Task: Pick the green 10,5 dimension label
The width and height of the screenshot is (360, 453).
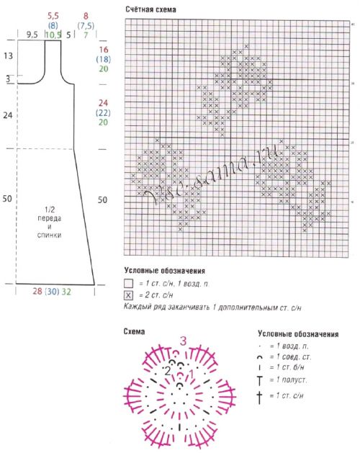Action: [53, 34]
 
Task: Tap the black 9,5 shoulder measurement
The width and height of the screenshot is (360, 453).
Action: [32, 34]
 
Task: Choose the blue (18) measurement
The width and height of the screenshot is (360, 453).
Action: [103, 59]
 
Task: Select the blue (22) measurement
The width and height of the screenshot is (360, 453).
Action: [103, 113]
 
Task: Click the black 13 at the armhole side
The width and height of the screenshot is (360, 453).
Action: [8, 55]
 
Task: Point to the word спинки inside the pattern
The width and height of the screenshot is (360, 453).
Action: [52, 235]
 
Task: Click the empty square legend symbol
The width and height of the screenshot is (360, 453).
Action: [129, 284]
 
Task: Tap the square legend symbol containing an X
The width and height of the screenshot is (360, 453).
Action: [129, 295]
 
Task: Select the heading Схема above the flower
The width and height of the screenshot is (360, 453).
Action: [135, 332]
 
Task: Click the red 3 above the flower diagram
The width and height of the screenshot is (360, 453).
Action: [184, 340]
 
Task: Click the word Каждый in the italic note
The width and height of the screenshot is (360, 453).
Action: [138, 307]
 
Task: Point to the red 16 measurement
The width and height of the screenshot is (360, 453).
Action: [103, 49]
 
